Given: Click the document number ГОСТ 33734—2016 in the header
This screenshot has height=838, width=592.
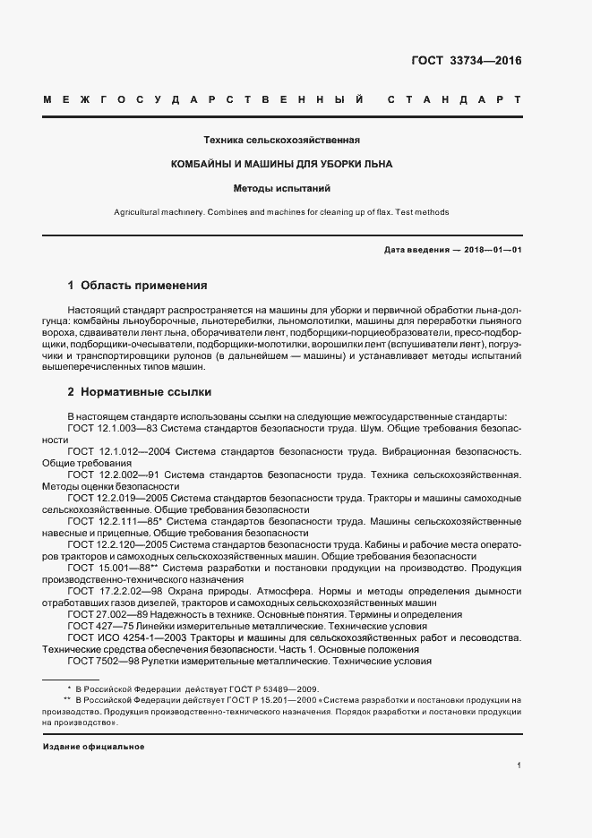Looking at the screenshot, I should pos(466,62).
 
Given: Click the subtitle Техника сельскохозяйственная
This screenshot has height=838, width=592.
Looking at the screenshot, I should pos(282,141).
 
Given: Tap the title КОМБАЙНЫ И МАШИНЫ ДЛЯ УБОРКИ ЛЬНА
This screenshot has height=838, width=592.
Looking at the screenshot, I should pos(282,165).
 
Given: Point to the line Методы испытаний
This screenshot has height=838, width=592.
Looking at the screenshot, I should pos(282,189).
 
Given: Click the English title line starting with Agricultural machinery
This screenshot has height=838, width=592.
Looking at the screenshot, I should pos(281,212).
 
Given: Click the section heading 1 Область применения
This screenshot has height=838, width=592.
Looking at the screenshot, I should pos(138,286).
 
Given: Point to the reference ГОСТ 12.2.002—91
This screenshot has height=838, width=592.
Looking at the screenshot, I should pos(114,475).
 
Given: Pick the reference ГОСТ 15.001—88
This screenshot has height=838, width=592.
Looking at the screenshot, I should pos(114,568).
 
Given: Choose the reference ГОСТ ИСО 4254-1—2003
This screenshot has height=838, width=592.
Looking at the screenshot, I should pos(128,637).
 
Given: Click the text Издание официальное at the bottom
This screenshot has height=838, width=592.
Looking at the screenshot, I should pos(93,746).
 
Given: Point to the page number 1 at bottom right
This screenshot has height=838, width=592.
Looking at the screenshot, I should pos(519,765).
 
